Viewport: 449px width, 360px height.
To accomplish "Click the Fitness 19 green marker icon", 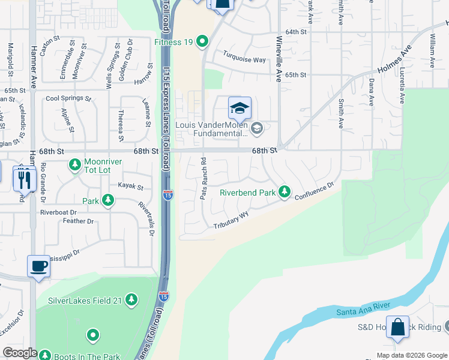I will pyautogui.click(x=203, y=42).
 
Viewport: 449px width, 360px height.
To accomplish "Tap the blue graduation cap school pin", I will pyautogui.click(x=239, y=109).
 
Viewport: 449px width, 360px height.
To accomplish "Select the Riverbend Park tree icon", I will pyautogui.click(x=285, y=193).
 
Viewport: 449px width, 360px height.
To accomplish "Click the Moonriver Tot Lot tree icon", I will pyautogui.click(x=74, y=163).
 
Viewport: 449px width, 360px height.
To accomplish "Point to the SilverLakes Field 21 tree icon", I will pyautogui.click(x=131, y=299).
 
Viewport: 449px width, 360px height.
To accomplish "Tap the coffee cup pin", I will pyautogui.click(x=39, y=266).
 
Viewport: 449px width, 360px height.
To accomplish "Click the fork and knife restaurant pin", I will pyautogui.click(x=24, y=178).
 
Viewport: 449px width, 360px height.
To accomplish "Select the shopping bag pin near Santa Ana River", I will pyautogui.click(x=397, y=328).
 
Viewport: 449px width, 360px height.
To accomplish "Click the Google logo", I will pyautogui.click(x=20, y=353).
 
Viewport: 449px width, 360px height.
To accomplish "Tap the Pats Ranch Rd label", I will pyautogui.click(x=203, y=178).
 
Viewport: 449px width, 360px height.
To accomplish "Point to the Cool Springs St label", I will pyautogui.click(x=68, y=98).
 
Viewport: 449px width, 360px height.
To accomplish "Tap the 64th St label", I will pyautogui.click(x=296, y=31).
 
